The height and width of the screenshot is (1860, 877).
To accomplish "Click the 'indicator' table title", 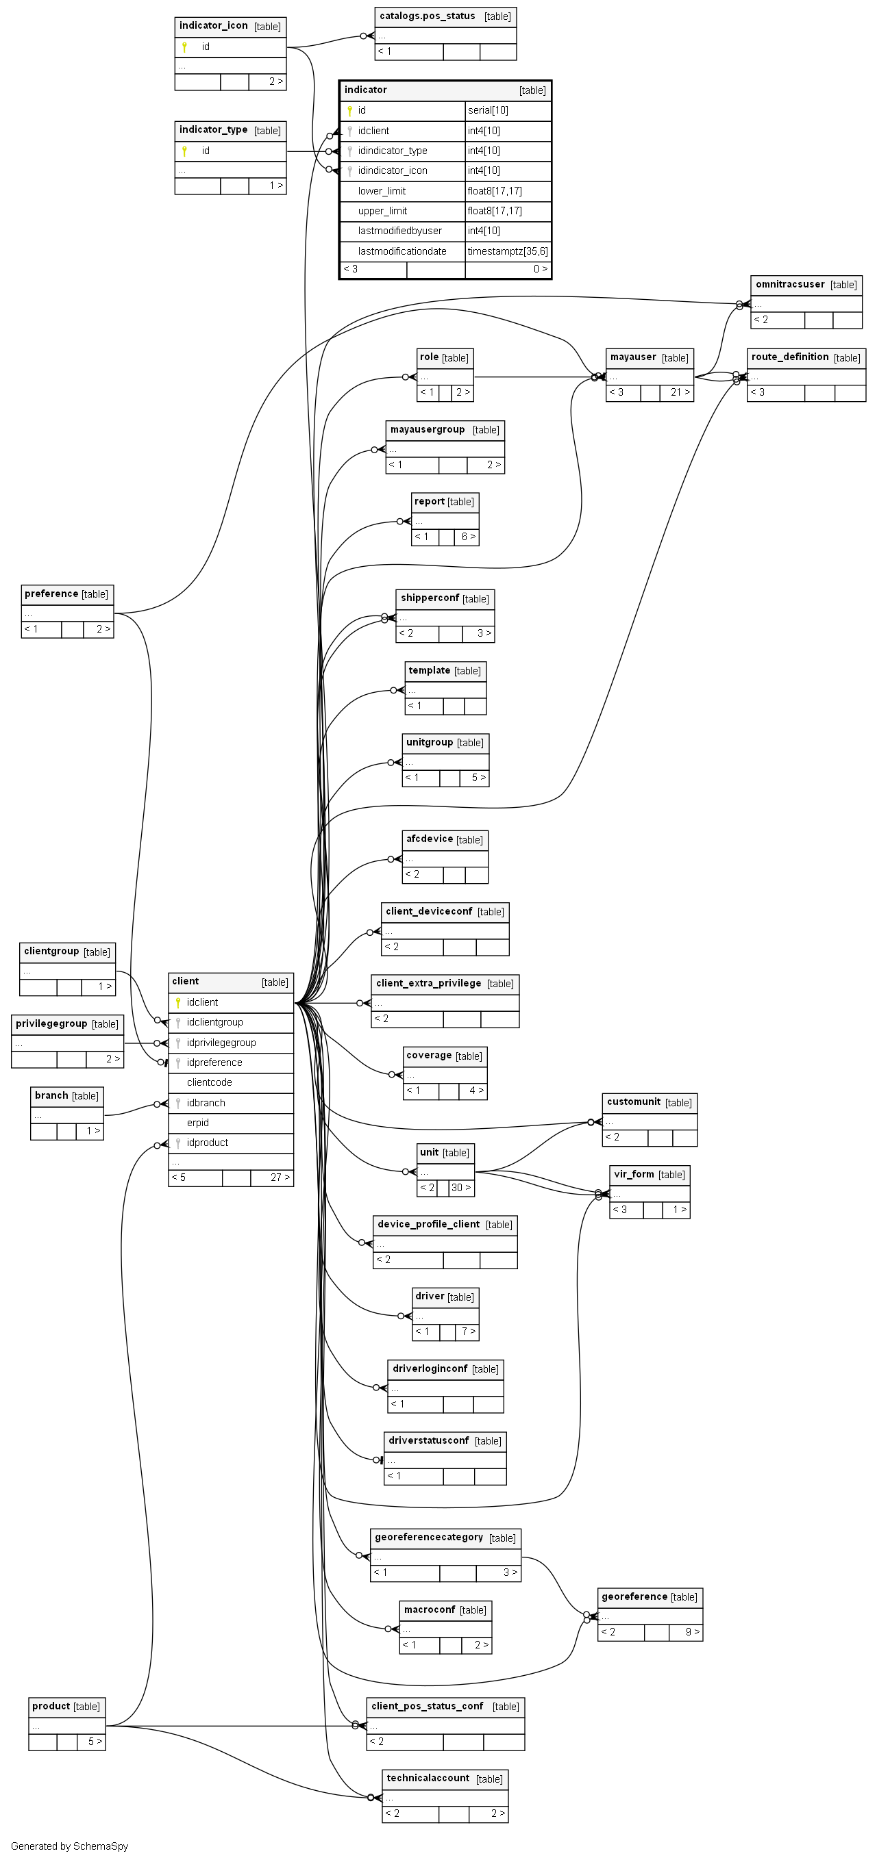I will pyautogui.click(x=366, y=90).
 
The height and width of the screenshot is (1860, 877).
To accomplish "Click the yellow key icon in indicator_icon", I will pyautogui.click(x=184, y=47).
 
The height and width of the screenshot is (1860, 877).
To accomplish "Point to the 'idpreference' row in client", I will pyautogui.click(x=214, y=1063).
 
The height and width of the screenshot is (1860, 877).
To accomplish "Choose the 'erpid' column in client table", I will pyautogui.click(x=197, y=1123).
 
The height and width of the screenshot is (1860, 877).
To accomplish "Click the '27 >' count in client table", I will pyautogui.click(x=280, y=1177).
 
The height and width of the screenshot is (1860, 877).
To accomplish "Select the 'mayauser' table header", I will pyautogui.click(x=633, y=357).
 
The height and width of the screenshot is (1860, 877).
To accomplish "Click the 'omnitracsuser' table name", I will pyautogui.click(x=789, y=285).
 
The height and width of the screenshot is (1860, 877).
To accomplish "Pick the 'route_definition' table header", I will pyautogui.click(x=789, y=357).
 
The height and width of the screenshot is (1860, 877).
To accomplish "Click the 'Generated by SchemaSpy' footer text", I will pyautogui.click(x=69, y=1846).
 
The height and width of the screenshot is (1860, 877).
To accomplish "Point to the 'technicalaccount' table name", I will pyautogui.click(x=428, y=1779).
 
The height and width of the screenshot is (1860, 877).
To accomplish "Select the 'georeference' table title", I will pyautogui.click(x=634, y=1597).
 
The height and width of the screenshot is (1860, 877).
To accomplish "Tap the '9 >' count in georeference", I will pyautogui.click(x=691, y=1632).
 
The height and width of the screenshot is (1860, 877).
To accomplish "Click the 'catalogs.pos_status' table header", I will pyautogui.click(x=427, y=16).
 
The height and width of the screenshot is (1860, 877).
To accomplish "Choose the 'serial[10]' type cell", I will pyautogui.click(x=488, y=110).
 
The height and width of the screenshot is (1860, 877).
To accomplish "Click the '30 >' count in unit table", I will pyautogui.click(x=460, y=1188).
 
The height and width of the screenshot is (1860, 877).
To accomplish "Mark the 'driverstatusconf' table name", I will pyautogui.click(x=428, y=1440).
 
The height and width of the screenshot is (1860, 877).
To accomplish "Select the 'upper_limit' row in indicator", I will pyautogui.click(x=382, y=211).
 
